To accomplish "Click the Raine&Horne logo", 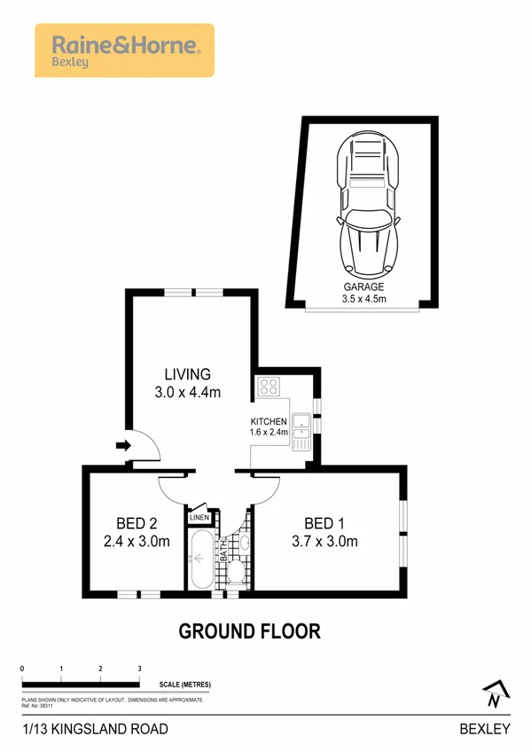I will tap(123, 50).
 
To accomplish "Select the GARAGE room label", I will tap(363, 287).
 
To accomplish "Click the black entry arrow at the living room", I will tap(123, 446).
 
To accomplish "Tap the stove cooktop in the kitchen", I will tap(269, 387).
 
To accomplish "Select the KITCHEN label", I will tap(269, 420).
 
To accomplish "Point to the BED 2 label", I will tap(137, 522).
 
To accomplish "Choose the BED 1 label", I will tap(324, 522).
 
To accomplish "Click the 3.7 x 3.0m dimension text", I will tap(324, 541).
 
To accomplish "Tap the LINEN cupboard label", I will tap(199, 516).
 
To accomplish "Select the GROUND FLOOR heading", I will tap(249, 631).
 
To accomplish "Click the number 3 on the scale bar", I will tap(140, 668).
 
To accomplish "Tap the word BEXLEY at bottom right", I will tap(485, 729).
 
